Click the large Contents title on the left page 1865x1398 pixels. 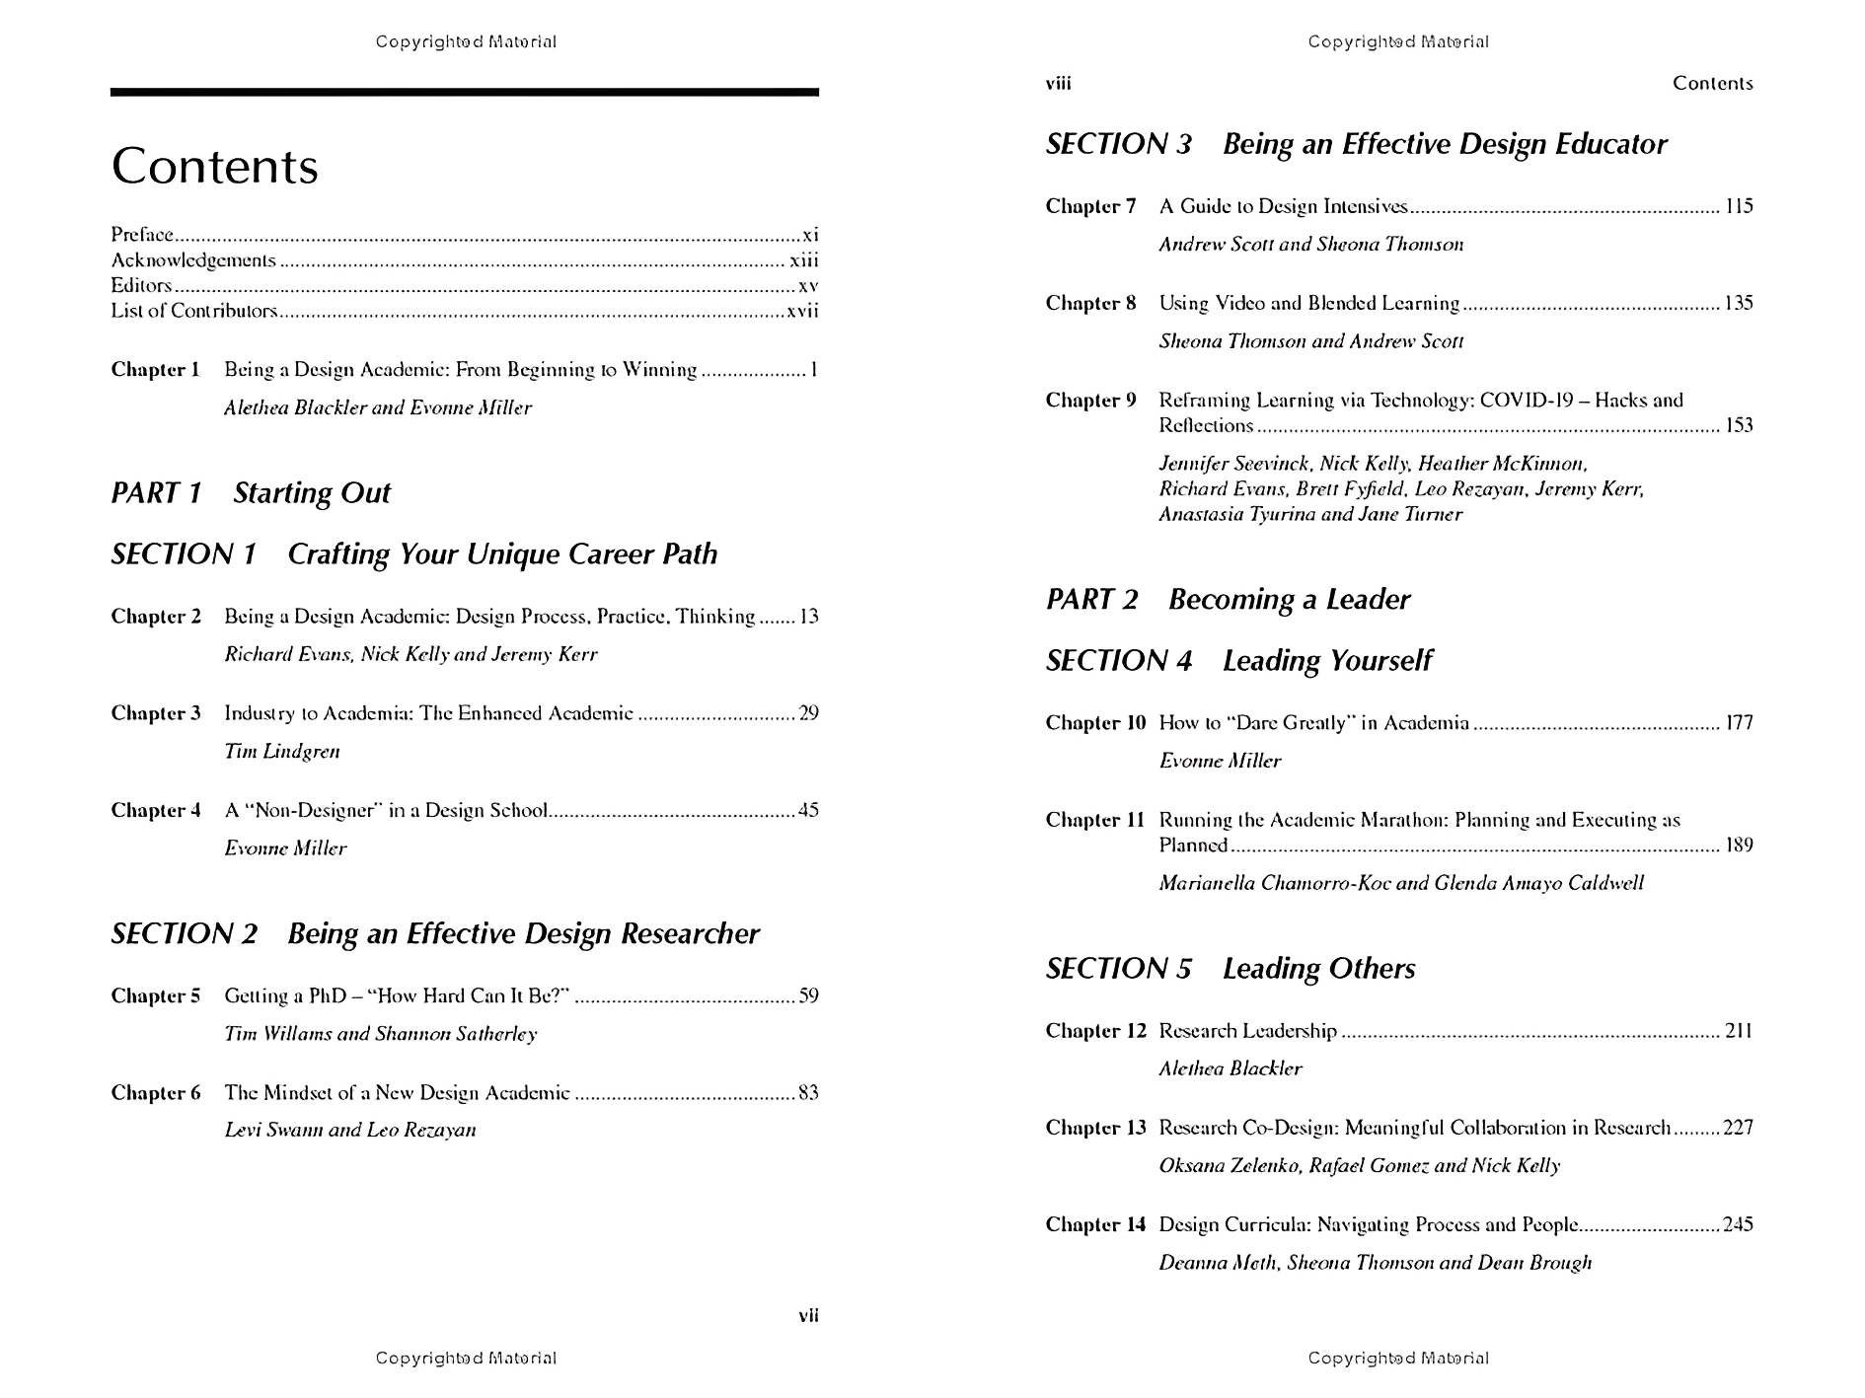(x=215, y=166)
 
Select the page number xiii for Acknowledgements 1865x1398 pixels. (x=804, y=260)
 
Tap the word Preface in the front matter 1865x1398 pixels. (x=142, y=235)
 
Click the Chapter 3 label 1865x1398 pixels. (x=156, y=713)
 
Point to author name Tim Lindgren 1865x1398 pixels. (x=282, y=752)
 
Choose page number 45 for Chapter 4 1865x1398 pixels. (x=808, y=811)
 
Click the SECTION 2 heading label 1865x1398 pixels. (x=185, y=934)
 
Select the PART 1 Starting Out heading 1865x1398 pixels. (x=251, y=493)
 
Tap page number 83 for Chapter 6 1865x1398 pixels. (x=808, y=1093)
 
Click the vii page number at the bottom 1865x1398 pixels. (x=808, y=1315)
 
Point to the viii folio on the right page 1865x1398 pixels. (x=1058, y=84)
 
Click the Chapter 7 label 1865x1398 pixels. (x=1090, y=207)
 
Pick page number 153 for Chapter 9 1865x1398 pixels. (x=1739, y=426)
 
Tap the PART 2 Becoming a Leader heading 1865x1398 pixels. (x=1228, y=600)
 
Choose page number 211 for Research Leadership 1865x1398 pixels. (x=1739, y=1032)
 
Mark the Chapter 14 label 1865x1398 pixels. (x=1095, y=1225)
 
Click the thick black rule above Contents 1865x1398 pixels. (x=464, y=93)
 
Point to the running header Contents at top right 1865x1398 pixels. (x=1712, y=84)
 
